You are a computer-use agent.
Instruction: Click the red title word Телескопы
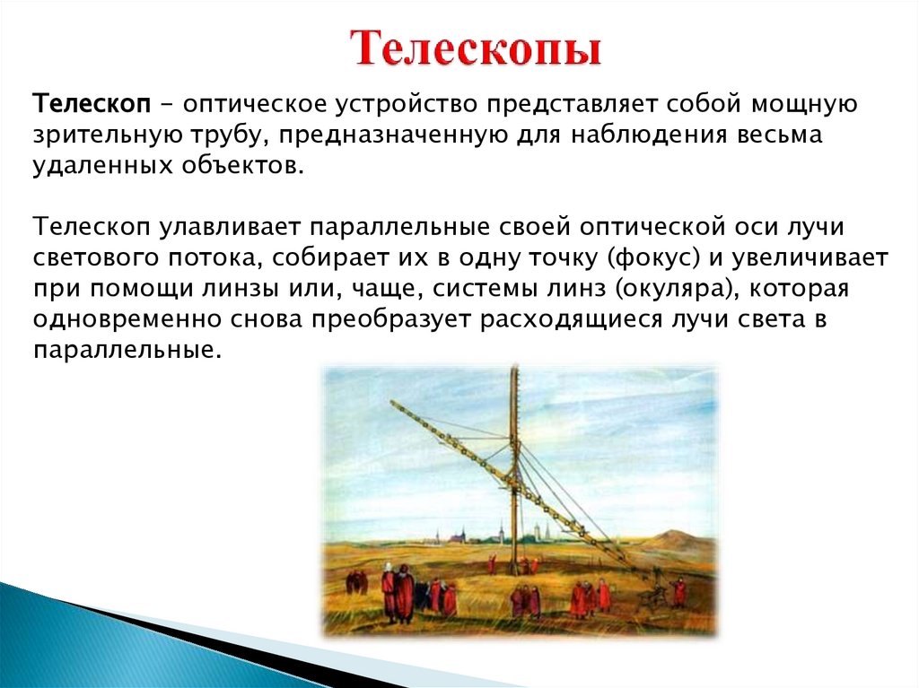coord(476,48)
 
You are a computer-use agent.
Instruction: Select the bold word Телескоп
coord(92,104)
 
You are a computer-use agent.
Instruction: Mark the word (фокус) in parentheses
coord(654,258)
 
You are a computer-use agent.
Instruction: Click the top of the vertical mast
coord(515,366)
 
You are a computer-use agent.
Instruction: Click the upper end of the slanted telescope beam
coord(392,402)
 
